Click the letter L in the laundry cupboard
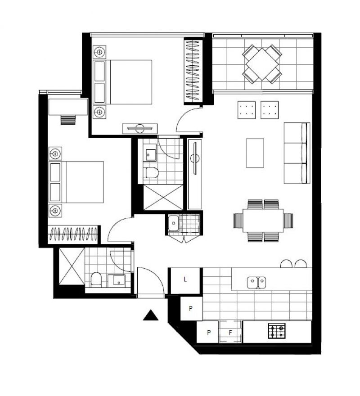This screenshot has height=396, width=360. [185, 279]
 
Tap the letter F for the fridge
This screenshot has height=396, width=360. [230, 333]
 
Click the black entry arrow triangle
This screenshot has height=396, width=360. [151, 315]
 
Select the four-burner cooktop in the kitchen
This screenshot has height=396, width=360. [276, 331]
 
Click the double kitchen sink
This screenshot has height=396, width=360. [256, 282]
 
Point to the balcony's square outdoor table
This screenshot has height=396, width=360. [262, 64]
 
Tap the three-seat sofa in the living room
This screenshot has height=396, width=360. [297, 153]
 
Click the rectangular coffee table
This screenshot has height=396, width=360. [255, 153]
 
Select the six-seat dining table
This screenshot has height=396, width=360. [263, 220]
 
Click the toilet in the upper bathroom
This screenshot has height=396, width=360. [152, 173]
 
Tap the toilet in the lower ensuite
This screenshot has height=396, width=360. [96, 279]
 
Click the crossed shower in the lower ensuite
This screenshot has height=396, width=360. [72, 266]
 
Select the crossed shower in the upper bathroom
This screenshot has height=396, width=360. [163, 197]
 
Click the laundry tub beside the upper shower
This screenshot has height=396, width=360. [174, 223]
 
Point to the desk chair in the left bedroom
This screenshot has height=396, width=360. [68, 120]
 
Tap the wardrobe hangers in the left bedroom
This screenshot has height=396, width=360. [73, 234]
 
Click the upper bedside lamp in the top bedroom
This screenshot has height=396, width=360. [99, 52]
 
